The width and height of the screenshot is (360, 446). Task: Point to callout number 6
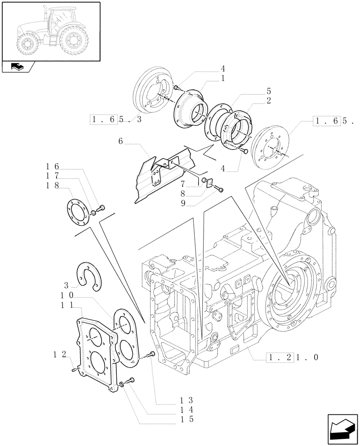coord(120,141)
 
